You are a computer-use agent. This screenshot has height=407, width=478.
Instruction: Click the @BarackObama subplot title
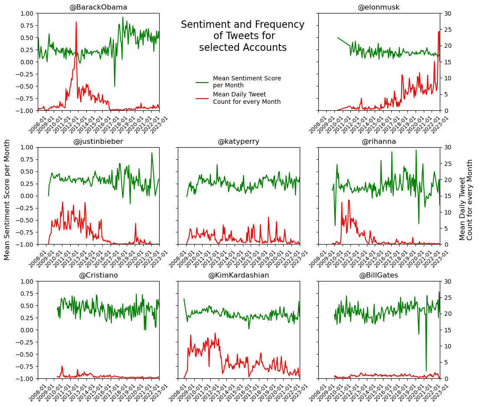98,7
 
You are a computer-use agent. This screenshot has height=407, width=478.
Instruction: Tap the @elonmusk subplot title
379,7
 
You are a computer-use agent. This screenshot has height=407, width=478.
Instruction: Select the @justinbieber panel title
98,142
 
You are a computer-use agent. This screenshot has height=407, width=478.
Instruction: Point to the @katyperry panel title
239,142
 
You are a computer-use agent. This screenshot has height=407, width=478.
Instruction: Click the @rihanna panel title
379,142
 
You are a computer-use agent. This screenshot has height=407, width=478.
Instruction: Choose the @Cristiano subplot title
98,275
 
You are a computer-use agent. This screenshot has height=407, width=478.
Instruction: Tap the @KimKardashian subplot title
239,275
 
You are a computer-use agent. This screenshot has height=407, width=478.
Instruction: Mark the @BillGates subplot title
379,275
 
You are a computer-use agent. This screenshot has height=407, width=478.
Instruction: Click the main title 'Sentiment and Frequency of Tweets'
243,36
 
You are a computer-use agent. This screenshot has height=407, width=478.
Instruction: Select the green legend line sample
202,82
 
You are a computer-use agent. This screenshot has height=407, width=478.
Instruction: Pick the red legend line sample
202,98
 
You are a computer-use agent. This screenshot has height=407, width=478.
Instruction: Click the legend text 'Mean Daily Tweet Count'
246,98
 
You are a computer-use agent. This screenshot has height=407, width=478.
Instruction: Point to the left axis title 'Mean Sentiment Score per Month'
7,200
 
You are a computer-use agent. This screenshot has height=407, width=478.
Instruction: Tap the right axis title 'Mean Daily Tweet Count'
466,200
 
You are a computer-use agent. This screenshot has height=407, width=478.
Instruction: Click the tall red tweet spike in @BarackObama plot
76,23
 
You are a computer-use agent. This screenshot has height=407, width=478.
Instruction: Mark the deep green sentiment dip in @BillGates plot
426,369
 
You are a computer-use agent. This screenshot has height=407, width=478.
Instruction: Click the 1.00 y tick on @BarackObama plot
25,13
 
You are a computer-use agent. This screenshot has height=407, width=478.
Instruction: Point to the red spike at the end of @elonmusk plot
439,32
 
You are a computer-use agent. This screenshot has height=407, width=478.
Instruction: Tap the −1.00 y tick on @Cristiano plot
24,379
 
